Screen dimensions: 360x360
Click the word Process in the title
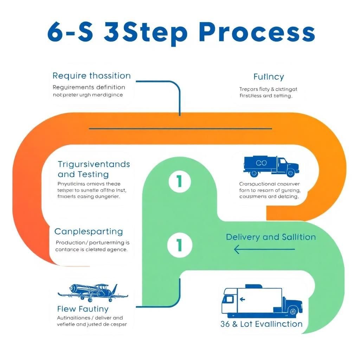(x=257, y=32)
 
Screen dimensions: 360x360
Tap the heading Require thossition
(x=91, y=76)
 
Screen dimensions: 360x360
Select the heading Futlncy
(x=269, y=77)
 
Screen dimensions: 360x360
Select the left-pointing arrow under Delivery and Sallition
(x=264, y=250)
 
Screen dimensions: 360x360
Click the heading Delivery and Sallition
(x=271, y=237)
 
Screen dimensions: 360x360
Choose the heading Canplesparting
(x=89, y=232)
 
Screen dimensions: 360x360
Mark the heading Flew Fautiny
(x=83, y=309)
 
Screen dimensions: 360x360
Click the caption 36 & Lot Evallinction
(x=261, y=324)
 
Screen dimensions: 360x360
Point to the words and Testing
(x=83, y=174)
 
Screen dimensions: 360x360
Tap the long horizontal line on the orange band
(x=180, y=129)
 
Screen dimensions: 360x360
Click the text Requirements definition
(x=89, y=87)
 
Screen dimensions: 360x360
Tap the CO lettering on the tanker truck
(x=262, y=163)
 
